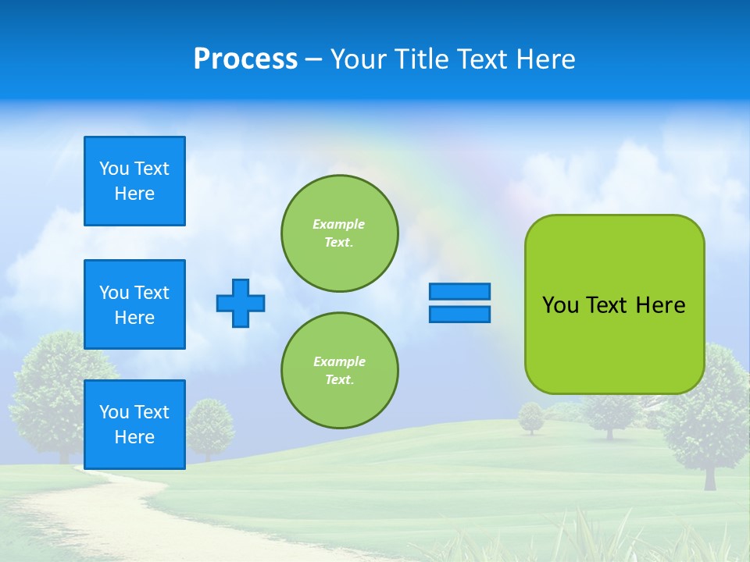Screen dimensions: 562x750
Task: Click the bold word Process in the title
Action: point(245,59)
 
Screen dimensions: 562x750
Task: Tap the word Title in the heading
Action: point(420,59)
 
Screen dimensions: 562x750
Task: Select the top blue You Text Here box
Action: point(134,181)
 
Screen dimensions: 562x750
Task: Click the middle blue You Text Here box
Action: point(134,304)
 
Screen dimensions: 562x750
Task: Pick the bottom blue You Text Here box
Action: point(134,424)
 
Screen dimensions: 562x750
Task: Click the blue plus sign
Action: point(240,303)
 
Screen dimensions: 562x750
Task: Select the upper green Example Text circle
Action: point(339,233)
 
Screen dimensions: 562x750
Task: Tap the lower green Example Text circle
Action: point(339,371)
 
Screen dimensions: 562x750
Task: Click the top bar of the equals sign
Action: point(459,291)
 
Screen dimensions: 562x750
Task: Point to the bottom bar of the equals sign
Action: point(459,314)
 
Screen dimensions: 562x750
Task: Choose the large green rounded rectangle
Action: point(614,343)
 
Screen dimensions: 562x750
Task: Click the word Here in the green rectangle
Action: point(660,305)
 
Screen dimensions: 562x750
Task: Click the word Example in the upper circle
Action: point(338,224)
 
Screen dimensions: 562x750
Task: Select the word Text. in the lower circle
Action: point(339,380)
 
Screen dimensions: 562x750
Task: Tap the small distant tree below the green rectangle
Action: point(531,416)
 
